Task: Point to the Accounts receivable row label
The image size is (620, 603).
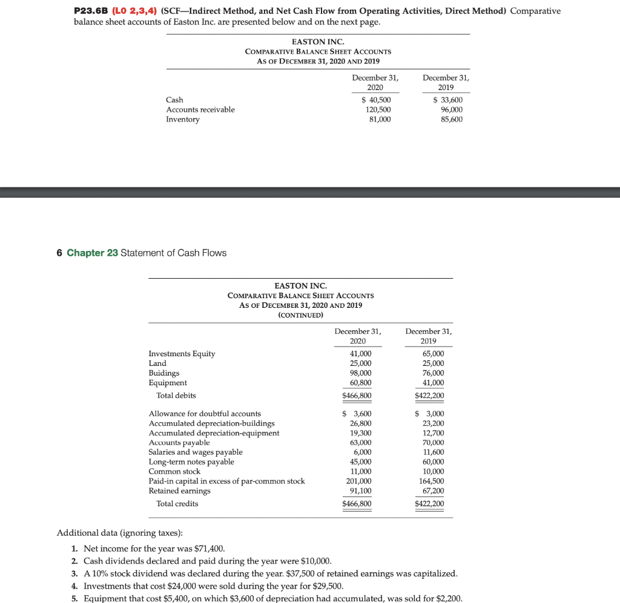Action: tap(200, 109)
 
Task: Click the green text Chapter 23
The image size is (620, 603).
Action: tap(92, 253)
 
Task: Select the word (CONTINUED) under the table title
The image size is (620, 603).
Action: tap(300, 315)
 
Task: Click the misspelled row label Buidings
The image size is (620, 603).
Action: tap(164, 373)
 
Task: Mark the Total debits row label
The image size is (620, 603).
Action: tap(176, 396)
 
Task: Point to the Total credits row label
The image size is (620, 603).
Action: tap(177, 504)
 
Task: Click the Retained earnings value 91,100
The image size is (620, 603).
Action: tap(361, 491)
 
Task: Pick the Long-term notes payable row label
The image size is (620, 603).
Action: tap(191, 462)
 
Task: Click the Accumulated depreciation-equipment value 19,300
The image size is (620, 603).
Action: tap(361, 433)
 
